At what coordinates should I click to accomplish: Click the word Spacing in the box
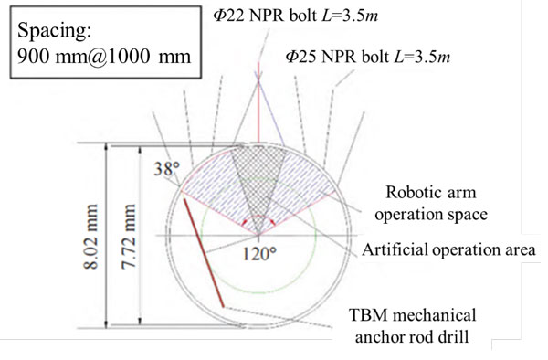(54, 31)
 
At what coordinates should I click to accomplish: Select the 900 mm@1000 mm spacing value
(104, 57)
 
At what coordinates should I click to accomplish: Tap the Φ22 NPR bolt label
(296, 16)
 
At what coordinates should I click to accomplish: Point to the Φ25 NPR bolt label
(368, 57)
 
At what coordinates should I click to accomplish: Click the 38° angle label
(167, 169)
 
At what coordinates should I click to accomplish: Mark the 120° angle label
(259, 254)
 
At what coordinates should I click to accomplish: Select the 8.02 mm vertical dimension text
(90, 237)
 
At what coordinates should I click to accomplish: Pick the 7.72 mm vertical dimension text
(128, 237)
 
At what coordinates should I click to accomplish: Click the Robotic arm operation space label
(431, 203)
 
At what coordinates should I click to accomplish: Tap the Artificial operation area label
(448, 250)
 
